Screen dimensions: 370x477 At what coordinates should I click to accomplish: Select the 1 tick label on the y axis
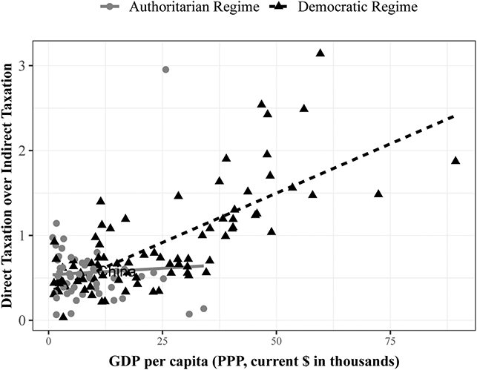[x=31, y=236]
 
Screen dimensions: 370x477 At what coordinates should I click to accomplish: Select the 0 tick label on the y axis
[x=31, y=320]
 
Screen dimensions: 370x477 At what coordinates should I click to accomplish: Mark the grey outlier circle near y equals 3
[x=165, y=70]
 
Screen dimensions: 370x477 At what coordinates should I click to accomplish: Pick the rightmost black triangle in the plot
[x=455, y=160]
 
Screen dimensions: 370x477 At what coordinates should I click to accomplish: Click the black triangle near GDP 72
[x=378, y=194]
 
